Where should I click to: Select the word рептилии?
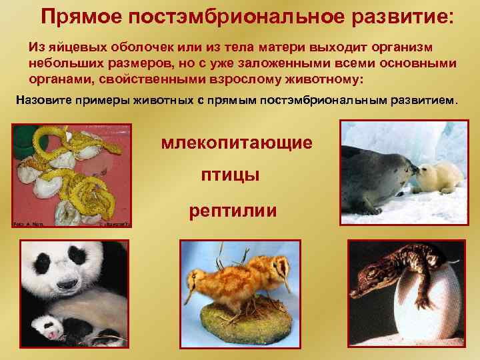pos(232,211)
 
